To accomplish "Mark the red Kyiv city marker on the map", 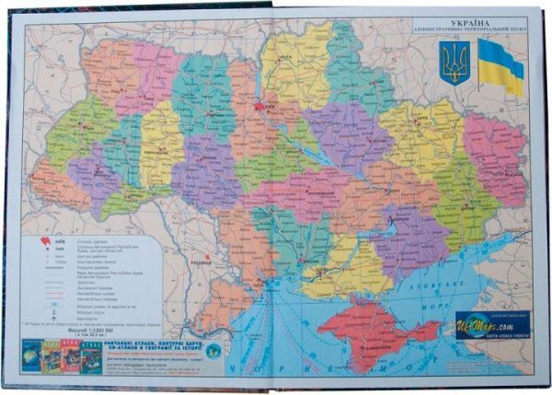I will [x=265, y=107].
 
